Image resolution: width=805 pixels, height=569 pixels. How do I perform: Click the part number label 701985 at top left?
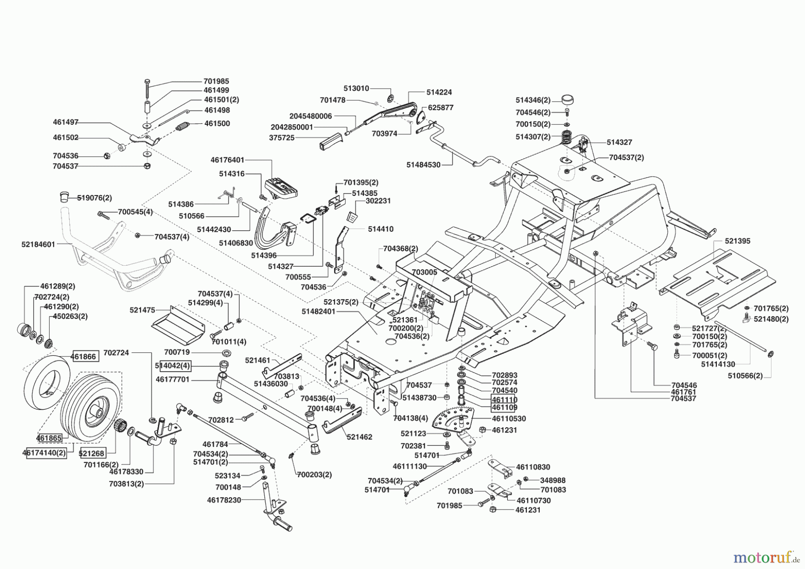216,81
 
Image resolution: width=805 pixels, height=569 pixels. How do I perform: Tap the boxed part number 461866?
84,357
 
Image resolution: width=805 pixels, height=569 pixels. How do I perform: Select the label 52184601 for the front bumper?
38,245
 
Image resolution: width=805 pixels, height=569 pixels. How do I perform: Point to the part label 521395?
737,241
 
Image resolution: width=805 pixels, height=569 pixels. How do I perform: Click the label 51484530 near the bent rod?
423,165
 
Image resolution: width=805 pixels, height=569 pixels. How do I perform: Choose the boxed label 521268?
92,453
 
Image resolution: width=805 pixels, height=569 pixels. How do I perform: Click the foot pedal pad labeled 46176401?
281,188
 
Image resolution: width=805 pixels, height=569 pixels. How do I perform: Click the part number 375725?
282,138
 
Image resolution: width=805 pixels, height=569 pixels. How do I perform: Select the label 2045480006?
310,116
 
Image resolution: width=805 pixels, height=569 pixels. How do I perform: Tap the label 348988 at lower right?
553,480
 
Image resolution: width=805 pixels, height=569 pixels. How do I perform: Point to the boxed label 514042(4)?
173,366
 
